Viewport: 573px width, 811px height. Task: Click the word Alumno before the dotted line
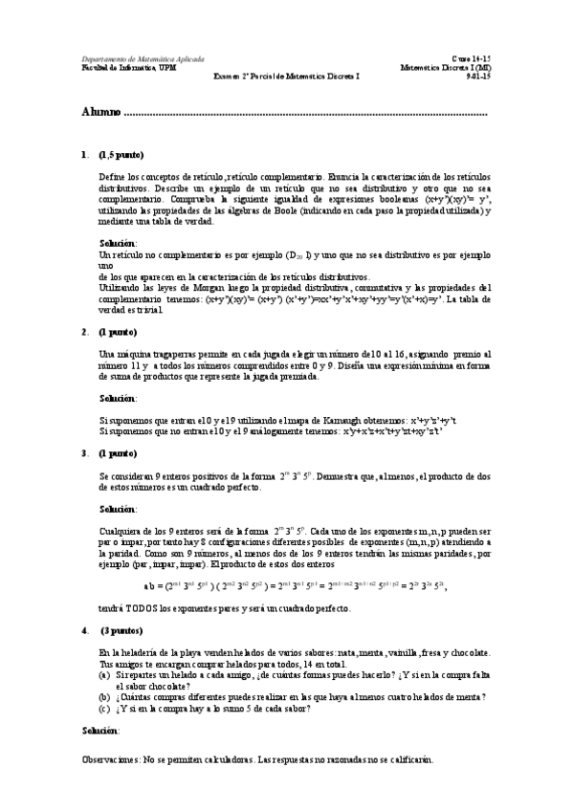tap(100, 113)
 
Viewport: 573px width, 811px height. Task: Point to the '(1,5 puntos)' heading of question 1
tap(121, 154)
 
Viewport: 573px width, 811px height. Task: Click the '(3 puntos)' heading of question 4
tap(120, 630)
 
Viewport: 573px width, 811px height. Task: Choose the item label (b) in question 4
tap(104, 698)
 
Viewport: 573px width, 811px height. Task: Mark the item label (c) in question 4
tap(104, 710)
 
